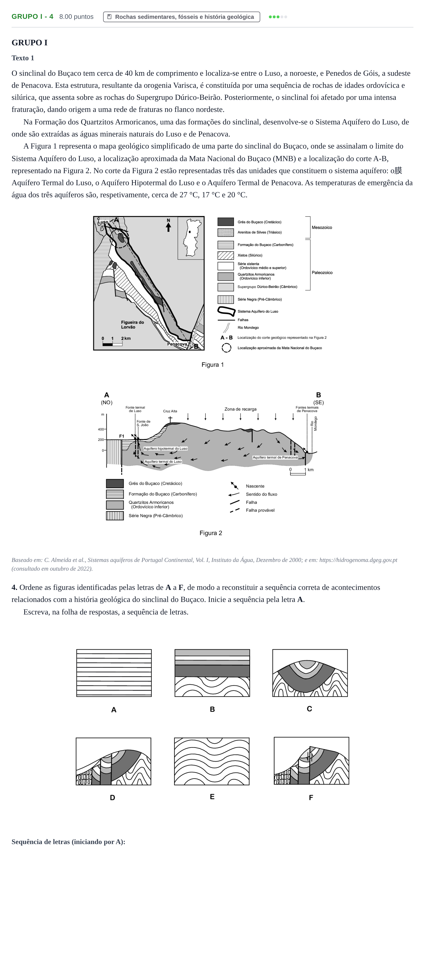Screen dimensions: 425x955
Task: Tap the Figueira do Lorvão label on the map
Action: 132,325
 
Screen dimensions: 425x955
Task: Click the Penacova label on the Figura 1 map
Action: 177,344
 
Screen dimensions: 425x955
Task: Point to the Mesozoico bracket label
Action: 322,228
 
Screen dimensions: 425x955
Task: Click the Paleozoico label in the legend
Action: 322,273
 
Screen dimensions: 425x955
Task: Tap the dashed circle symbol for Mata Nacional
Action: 226,348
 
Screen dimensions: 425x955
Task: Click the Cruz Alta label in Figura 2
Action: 170,411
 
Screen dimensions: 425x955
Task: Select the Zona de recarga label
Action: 240,409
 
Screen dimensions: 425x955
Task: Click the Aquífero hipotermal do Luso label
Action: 166,449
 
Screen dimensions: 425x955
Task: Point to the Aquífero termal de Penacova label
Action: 275,457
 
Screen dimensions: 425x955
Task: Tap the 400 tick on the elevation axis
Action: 101,429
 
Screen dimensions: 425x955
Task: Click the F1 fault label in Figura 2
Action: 121,436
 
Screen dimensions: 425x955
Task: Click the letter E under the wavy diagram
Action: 212,797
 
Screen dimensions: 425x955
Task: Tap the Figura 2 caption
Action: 211,533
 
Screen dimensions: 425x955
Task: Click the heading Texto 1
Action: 23,58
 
